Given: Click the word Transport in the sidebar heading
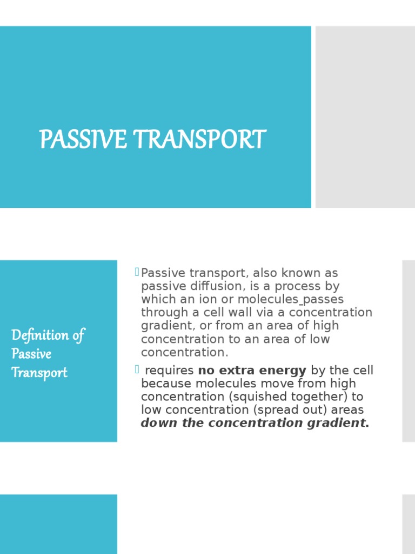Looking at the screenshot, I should point(39,373).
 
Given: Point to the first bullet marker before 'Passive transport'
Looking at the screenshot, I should point(137,271).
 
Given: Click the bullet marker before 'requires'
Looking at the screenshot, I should point(137,369).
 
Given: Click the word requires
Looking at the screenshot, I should point(170,371).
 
